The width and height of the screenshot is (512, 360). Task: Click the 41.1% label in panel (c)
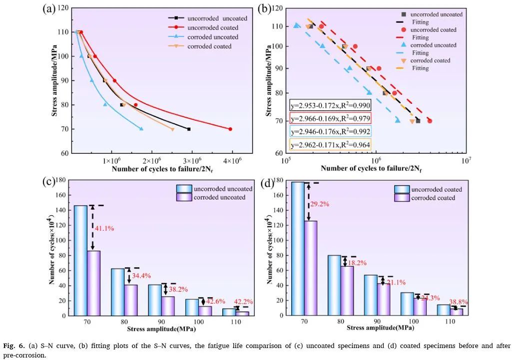tap(105, 228)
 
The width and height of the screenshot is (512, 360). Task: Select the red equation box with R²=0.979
tap(330, 118)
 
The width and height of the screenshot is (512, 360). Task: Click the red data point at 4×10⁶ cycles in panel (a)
tap(230, 129)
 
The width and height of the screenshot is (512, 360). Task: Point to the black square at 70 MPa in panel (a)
tap(189, 129)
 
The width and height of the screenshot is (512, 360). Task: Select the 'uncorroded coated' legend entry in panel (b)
tap(433, 30)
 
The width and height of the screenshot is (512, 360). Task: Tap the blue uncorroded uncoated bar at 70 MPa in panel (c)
tap(80, 260)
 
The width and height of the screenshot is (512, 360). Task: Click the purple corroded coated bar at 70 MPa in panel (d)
tap(310, 268)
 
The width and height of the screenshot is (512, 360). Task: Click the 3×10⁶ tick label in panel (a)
tap(192, 161)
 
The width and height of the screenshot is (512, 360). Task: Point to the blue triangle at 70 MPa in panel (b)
tap(398, 120)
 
